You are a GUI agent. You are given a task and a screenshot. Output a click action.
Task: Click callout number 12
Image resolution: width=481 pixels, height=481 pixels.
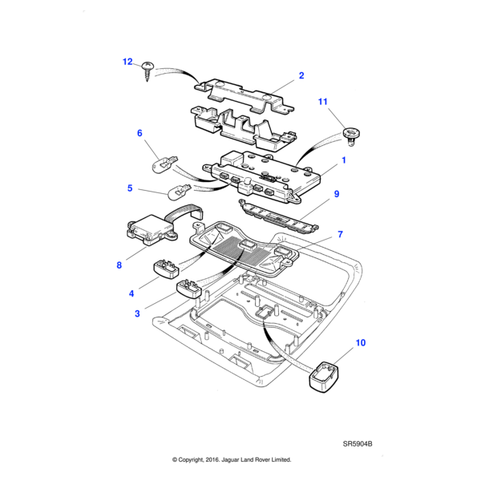(127, 61)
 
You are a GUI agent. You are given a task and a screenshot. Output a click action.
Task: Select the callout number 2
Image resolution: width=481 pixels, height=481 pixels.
(301, 75)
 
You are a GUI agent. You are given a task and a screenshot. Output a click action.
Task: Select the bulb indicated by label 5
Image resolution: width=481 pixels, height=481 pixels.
(179, 192)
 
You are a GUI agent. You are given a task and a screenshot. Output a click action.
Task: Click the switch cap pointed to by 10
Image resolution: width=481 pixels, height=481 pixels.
(324, 376)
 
